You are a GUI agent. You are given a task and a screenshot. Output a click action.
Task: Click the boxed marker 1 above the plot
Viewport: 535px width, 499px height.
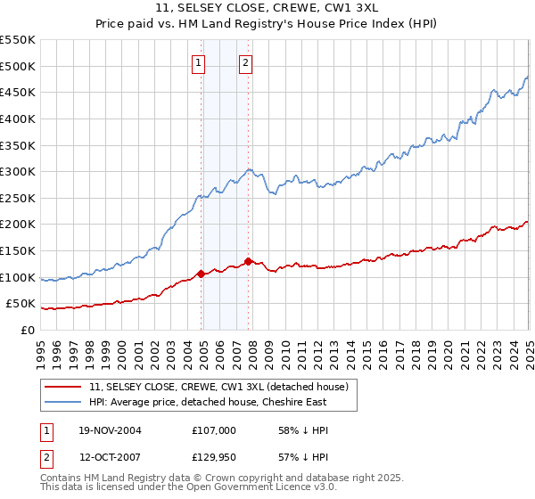pyautogui.click(x=197, y=62)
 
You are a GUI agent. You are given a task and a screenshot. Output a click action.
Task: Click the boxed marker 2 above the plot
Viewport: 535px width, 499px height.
pyautogui.click(x=245, y=62)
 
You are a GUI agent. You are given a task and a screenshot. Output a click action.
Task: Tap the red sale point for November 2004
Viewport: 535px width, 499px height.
pyautogui.click(x=202, y=274)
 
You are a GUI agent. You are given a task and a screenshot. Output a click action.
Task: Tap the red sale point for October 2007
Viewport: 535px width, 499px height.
pyautogui.click(x=248, y=261)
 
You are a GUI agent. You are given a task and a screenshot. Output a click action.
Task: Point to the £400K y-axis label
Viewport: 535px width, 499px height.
pyautogui.click(x=19, y=119)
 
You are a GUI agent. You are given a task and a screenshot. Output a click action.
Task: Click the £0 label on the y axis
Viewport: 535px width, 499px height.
pyautogui.click(x=28, y=331)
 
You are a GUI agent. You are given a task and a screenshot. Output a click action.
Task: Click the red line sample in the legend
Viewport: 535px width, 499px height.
pyautogui.click(x=63, y=388)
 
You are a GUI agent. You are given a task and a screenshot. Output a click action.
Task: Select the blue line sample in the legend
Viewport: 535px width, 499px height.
pyautogui.click(x=63, y=403)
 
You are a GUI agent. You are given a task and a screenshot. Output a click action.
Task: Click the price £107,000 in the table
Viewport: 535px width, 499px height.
pyautogui.click(x=213, y=430)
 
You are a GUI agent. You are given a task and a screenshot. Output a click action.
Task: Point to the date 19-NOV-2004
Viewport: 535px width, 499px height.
pyautogui.click(x=111, y=430)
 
